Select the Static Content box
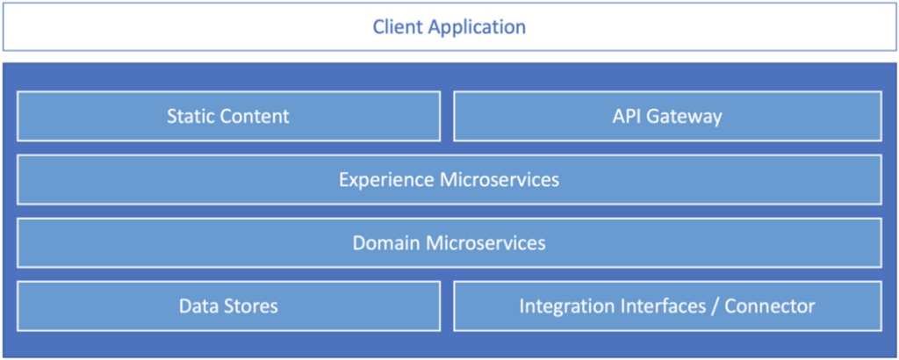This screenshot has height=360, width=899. (x=229, y=116)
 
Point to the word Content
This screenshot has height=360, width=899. (x=255, y=117)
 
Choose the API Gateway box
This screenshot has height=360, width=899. (x=667, y=116)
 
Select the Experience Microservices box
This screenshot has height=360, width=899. (x=449, y=179)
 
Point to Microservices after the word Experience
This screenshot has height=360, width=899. (x=499, y=179)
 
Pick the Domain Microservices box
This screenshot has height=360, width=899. (x=449, y=242)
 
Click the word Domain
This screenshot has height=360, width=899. (x=387, y=242)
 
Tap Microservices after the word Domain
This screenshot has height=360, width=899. (x=485, y=242)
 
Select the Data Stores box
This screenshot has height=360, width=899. (x=229, y=306)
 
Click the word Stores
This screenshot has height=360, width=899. (x=250, y=306)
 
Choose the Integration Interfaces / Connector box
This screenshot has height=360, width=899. (x=667, y=306)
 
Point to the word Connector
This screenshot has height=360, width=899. (x=769, y=306)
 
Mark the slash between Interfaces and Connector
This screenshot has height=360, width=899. (x=715, y=306)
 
